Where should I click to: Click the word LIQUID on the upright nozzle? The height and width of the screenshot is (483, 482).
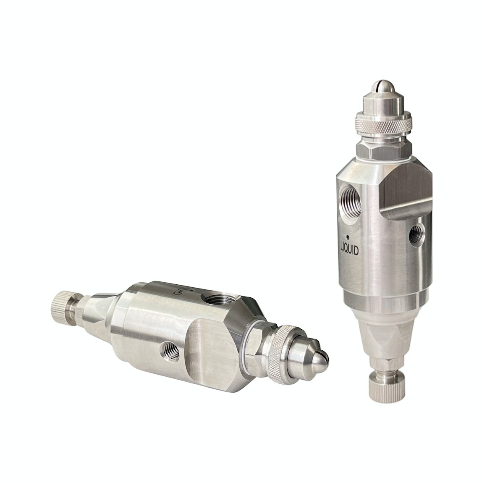(x=349, y=250)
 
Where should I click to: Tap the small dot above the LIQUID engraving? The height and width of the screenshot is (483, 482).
(x=347, y=237)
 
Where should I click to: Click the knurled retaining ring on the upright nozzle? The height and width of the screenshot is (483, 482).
(x=383, y=124)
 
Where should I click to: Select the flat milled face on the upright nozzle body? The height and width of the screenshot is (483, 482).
(x=405, y=188)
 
